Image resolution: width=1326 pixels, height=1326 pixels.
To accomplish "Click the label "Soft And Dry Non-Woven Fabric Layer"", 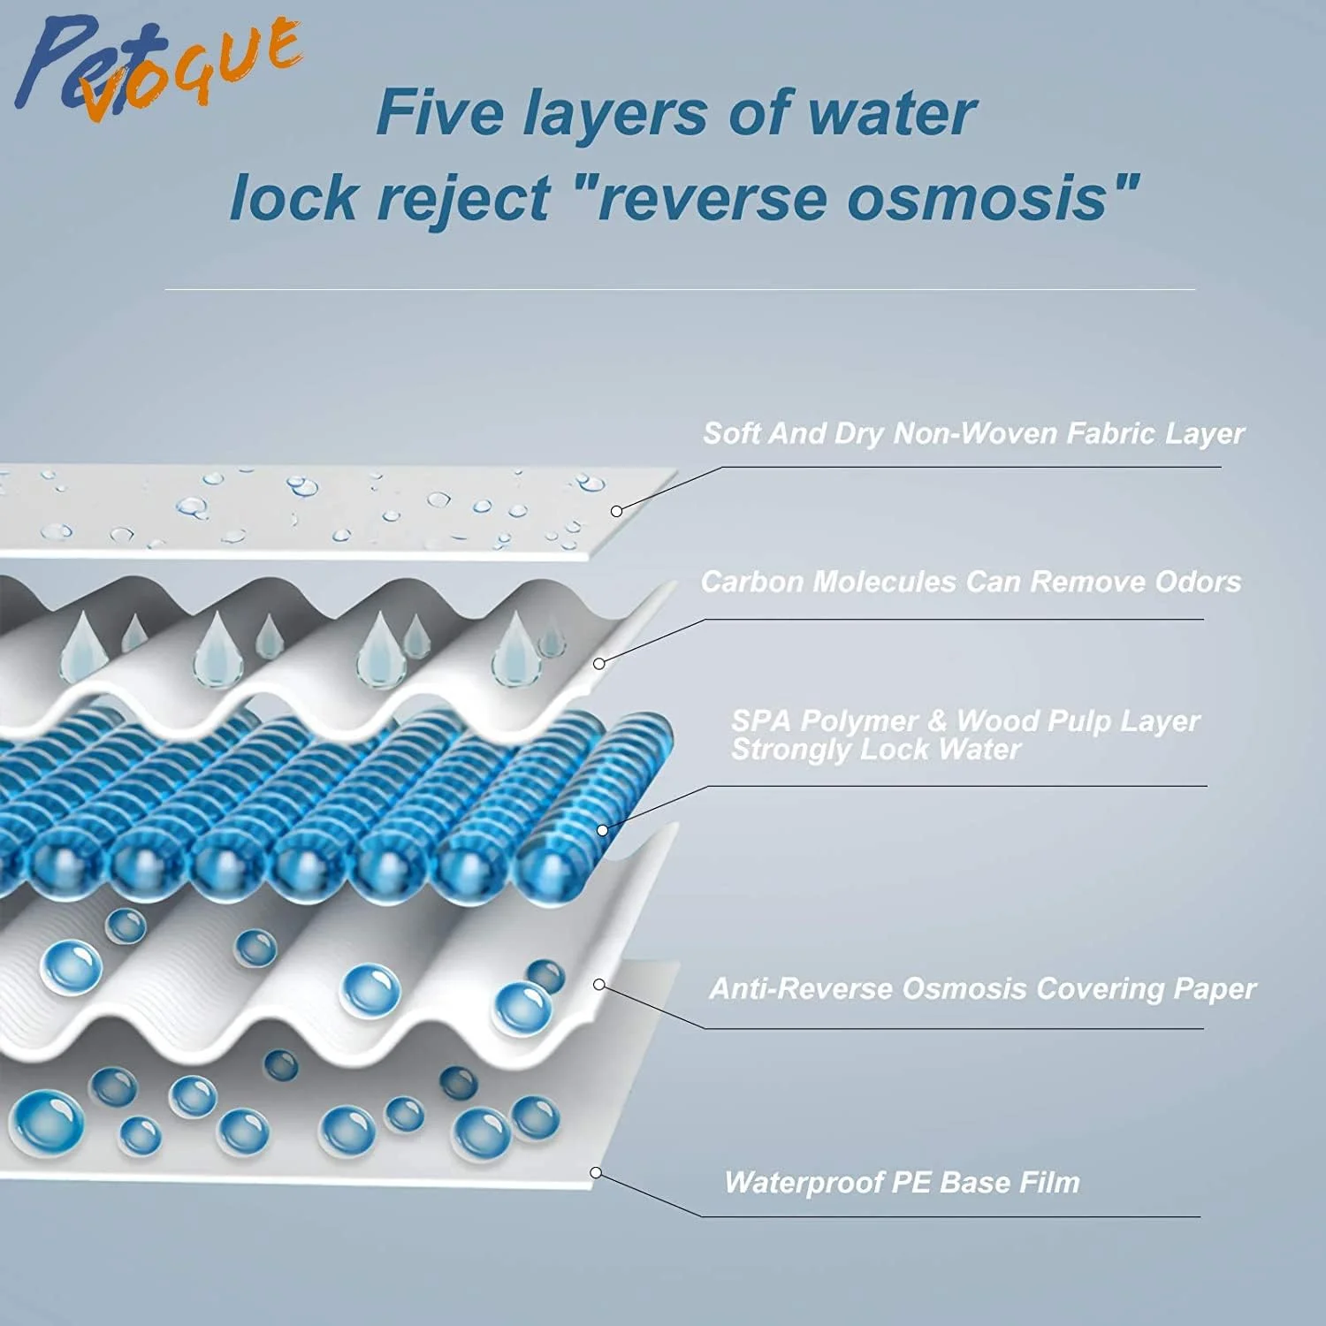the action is click(973, 434).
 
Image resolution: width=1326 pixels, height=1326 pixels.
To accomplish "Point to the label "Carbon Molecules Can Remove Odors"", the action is click(971, 582).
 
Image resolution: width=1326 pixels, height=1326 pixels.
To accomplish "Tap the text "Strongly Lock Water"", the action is click(875, 750).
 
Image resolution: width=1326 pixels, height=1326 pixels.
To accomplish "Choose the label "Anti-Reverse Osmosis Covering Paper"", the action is click(982, 988).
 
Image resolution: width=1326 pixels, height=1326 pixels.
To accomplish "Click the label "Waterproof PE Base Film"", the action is click(902, 1182).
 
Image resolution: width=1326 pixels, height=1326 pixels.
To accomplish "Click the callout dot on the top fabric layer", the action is click(617, 511).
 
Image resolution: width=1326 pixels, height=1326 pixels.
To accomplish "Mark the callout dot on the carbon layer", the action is click(599, 663).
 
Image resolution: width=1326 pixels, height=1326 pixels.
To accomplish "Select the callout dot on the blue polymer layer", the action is click(603, 830).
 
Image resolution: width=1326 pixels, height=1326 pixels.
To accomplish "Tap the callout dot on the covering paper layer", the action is click(599, 984).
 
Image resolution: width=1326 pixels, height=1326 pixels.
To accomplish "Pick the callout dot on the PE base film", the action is click(596, 1172).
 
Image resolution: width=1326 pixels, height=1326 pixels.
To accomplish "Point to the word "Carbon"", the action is click(752, 582).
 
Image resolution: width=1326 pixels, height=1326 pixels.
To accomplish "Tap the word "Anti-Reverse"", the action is click(801, 988).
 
